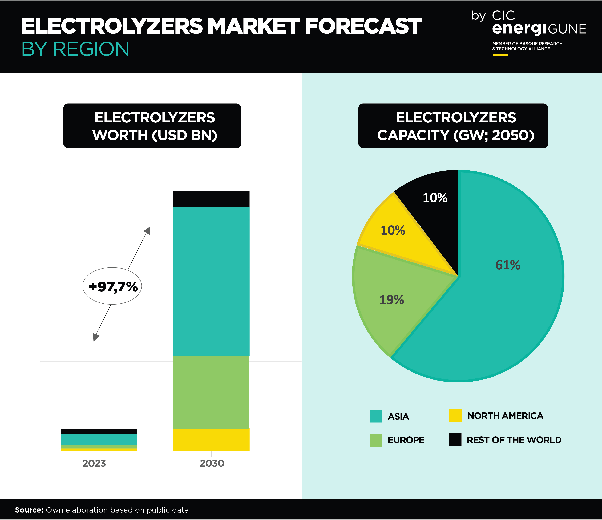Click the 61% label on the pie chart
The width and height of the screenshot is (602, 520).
click(508, 265)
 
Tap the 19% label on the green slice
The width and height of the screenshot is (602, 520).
click(392, 300)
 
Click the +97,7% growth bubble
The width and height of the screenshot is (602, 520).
click(112, 286)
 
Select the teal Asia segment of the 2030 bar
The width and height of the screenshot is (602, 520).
click(211, 281)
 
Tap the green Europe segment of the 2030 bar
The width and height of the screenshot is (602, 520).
click(211, 392)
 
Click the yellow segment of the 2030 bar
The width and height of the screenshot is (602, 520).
click(211, 440)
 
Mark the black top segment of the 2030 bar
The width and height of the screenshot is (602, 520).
click(211, 199)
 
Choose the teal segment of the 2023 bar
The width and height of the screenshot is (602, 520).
click(99, 439)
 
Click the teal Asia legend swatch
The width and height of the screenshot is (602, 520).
click(376, 416)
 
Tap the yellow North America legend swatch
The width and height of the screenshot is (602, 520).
click(455, 415)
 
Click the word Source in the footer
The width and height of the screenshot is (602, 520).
click(29, 510)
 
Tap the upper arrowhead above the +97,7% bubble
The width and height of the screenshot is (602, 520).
click(148, 230)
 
